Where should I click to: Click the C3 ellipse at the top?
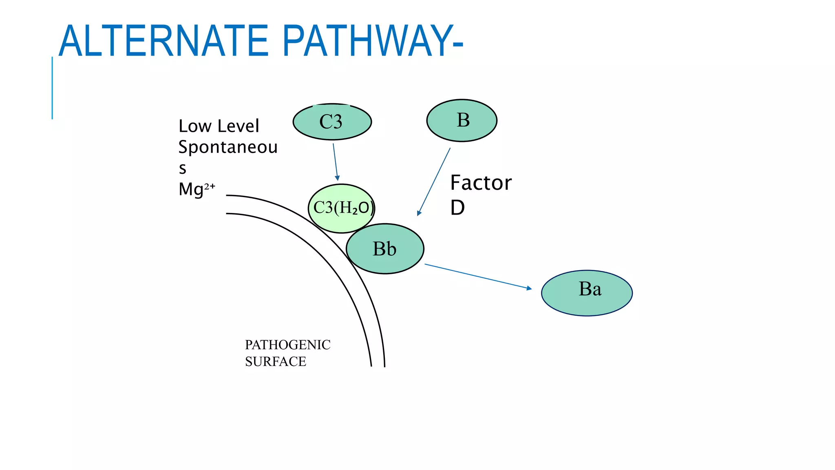(x=332, y=122)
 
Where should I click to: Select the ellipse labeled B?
(x=462, y=120)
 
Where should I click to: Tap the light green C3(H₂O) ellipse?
(x=341, y=208)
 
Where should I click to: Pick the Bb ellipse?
(x=385, y=248)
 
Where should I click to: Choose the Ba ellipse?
(x=587, y=293)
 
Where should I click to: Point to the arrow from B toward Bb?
(x=434, y=182)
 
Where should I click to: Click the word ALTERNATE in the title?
(x=163, y=41)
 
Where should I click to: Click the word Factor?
(x=481, y=183)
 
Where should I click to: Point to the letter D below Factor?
(x=457, y=208)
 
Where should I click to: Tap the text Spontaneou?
(x=228, y=147)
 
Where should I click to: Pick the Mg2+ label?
(x=197, y=189)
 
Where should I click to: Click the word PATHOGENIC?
(x=287, y=345)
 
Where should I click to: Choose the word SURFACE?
(x=275, y=361)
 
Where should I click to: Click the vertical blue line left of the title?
(x=52, y=88)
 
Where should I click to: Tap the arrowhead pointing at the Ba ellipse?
(x=529, y=288)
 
